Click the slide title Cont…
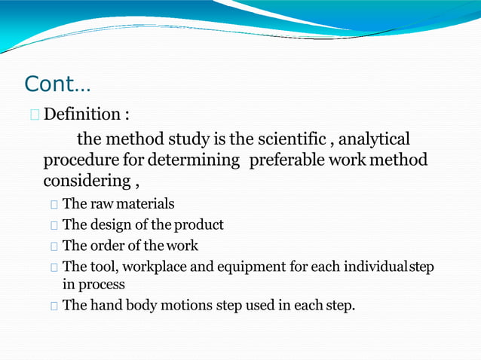[57, 84]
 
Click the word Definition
[81, 115]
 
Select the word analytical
[375, 139]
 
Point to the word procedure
[79, 160]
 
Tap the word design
[113, 225]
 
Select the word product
[199, 225]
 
